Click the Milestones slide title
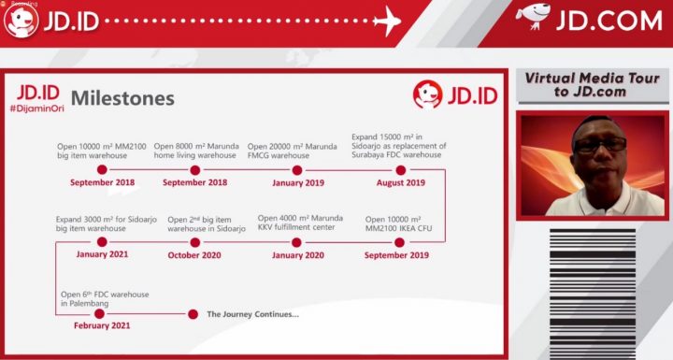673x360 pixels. pos(122,98)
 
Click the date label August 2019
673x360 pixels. pos(400,182)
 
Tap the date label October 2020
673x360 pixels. pos(194,254)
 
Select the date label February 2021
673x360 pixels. pos(101,326)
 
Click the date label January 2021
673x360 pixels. pos(101,254)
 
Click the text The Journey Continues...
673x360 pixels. pos(252,314)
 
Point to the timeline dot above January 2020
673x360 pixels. pos(297,241)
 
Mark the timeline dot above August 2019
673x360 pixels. pos(400,169)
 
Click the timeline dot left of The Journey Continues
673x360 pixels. pos(193,314)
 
